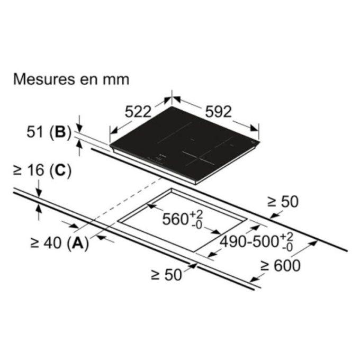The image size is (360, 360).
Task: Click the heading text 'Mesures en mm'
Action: [x=71, y=79]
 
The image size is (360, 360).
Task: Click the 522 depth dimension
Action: [x=138, y=112]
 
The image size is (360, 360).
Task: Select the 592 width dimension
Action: [x=218, y=112]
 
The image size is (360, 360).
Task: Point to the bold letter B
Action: [x=60, y=132]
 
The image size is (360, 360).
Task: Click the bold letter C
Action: [x=60, y=170]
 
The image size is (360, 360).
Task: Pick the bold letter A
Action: [x=78, y=243]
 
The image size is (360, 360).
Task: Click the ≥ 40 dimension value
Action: [x=46, y=243]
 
